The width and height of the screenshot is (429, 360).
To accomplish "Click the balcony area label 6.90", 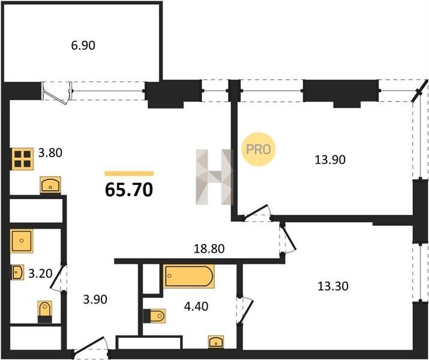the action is [83, 46].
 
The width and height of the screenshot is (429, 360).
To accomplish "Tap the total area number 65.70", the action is [129, 190].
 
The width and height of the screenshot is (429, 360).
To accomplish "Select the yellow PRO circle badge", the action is [258, 149].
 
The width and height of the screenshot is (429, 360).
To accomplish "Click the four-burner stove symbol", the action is [22, 158].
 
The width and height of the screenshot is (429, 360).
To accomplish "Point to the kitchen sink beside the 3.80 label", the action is [50, 185].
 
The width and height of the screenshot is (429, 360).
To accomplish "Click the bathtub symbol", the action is [189, 276].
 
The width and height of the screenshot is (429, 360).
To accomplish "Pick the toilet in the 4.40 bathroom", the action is [155, 316].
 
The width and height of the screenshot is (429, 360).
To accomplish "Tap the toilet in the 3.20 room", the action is [44, 311].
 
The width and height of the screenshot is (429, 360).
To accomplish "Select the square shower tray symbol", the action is [22, 241].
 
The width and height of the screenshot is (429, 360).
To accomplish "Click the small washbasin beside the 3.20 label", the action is [17, 272].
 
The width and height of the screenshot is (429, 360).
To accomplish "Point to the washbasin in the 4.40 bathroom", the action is [216, 341].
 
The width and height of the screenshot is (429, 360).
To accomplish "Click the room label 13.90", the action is [330, 160].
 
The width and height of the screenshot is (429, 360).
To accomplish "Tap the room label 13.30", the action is [333, 286].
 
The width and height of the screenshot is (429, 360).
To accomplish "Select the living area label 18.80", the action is [209, 248].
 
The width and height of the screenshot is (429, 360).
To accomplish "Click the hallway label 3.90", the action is [95, 299].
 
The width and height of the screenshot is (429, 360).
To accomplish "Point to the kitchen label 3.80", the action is [50, 153].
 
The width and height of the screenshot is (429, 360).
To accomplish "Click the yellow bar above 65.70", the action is [129, 173].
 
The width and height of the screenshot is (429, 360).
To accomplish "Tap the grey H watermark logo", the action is [214, 177].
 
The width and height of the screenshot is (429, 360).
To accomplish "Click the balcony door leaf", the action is [56, 98].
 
